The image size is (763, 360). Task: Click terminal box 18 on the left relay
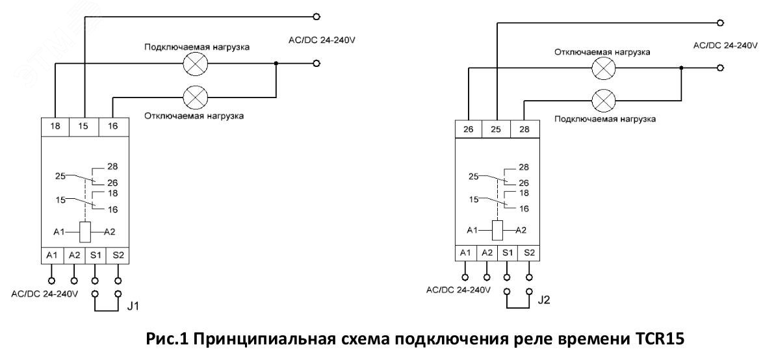(55, 127)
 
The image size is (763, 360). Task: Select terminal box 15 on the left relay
(84, 127)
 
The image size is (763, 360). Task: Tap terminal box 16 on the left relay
(113, 127)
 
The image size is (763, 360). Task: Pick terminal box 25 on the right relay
(497, 129)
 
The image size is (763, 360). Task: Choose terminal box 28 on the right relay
(524, 129)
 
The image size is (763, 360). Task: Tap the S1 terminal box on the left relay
(95, 255)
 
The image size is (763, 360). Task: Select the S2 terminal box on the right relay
(530, 251)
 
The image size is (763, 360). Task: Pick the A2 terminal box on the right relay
(487, 251)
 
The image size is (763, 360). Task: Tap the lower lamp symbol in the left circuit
(194, 97)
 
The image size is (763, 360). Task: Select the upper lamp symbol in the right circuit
(606, 68)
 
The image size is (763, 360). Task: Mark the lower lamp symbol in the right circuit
(606, 99)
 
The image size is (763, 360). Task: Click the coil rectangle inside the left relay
(84, 231)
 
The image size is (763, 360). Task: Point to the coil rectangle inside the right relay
(497, 230)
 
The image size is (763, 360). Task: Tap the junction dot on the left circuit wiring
(276, 64)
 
